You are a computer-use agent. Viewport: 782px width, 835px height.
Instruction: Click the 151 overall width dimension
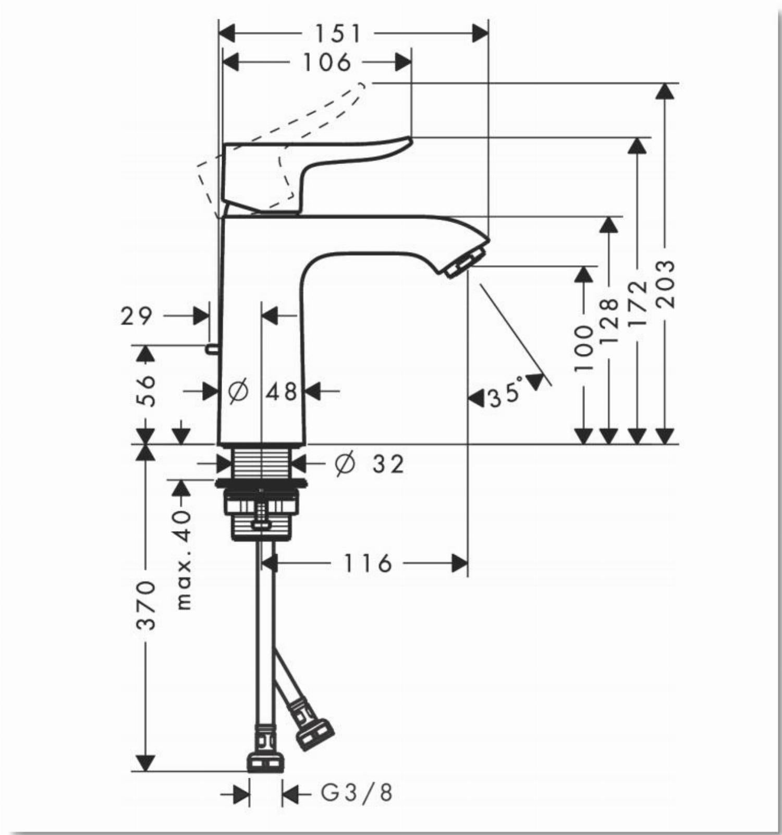pos(338,34)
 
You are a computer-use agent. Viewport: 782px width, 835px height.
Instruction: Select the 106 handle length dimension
pos(327,63)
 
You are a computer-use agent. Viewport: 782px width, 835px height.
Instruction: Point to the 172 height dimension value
pos(637,304)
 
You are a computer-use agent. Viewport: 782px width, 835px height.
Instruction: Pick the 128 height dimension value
pos(608,321)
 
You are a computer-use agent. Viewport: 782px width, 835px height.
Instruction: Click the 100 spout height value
pos(583,348)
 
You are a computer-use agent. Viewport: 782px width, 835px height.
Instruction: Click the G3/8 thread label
pos(356,793)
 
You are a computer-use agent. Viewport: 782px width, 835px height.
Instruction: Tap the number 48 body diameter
pos(282,391)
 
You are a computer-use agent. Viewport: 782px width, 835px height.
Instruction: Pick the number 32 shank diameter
pos(388,463)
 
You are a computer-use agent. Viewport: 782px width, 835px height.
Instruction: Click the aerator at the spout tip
pos(464,262)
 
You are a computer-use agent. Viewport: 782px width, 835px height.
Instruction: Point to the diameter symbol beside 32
pos(345,463)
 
